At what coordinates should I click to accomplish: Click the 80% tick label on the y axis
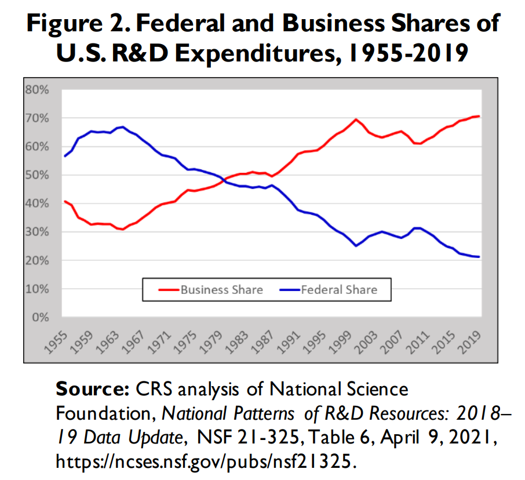(x=37, y=90)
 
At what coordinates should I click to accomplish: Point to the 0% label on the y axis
(x=39, y=317)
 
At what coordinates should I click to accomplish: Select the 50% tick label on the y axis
(x=37, y=175)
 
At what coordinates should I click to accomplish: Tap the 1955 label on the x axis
(x=58, y=342)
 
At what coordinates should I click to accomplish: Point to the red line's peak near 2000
(x=356, y=119)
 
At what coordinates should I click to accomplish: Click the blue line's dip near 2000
(x=356, y=246)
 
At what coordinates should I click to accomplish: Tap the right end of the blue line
(x=479, y=257)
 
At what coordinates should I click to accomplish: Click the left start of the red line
(x=64, y=201)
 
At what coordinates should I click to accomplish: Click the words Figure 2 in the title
(x=75, y=24)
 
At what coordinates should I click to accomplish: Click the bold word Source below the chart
(x=92, y=388)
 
